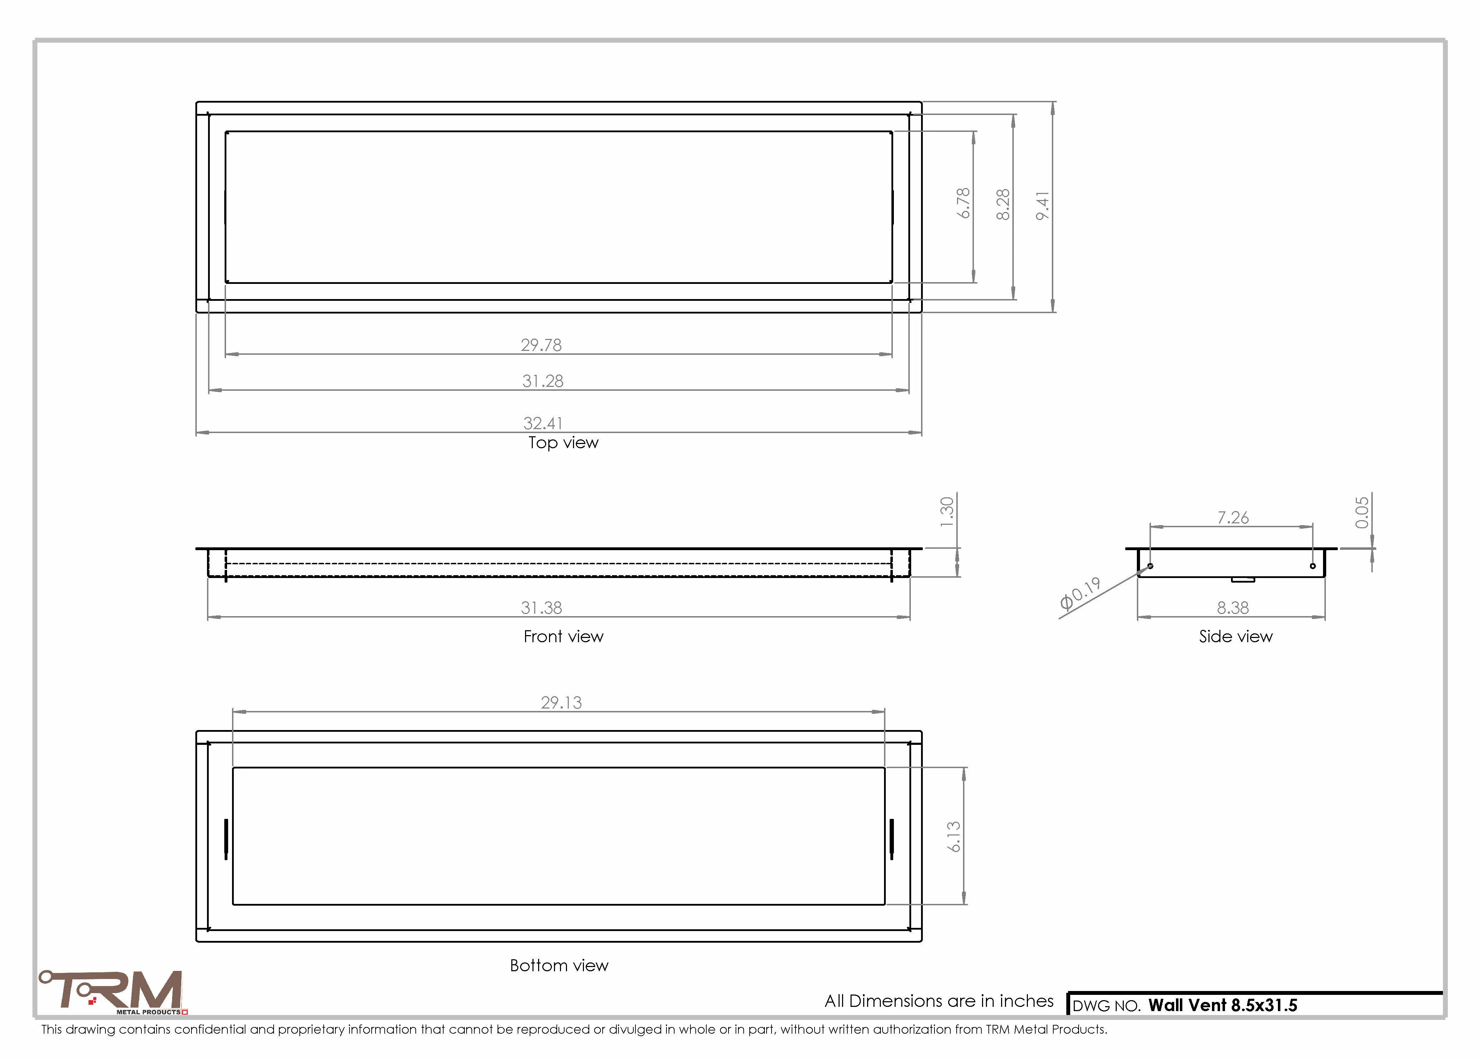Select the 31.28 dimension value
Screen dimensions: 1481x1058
pos(543,381)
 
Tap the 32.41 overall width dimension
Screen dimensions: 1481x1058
pos(543,424)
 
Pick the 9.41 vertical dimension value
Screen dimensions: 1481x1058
pos(1043,206)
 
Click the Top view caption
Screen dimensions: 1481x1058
pos(563,443)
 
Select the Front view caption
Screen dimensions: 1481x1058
pos(563,637)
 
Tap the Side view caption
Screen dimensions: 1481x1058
pos(1236,637)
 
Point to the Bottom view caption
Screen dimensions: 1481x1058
pos(559,966)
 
